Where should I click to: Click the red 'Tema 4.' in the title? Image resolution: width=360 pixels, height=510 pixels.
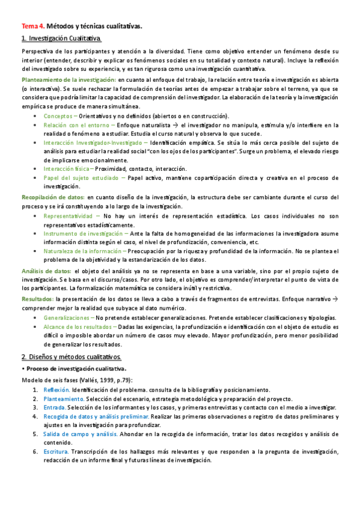32,27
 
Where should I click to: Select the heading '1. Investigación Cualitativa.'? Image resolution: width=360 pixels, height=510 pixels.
61,39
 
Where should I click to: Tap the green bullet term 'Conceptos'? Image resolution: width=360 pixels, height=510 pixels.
58,115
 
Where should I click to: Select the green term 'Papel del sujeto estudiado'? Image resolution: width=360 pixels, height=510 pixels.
81,179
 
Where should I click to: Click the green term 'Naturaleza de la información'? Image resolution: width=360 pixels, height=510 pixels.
82,251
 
